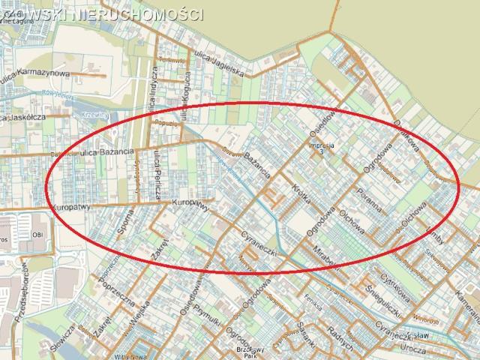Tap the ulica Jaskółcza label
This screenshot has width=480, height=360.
(27, 117)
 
